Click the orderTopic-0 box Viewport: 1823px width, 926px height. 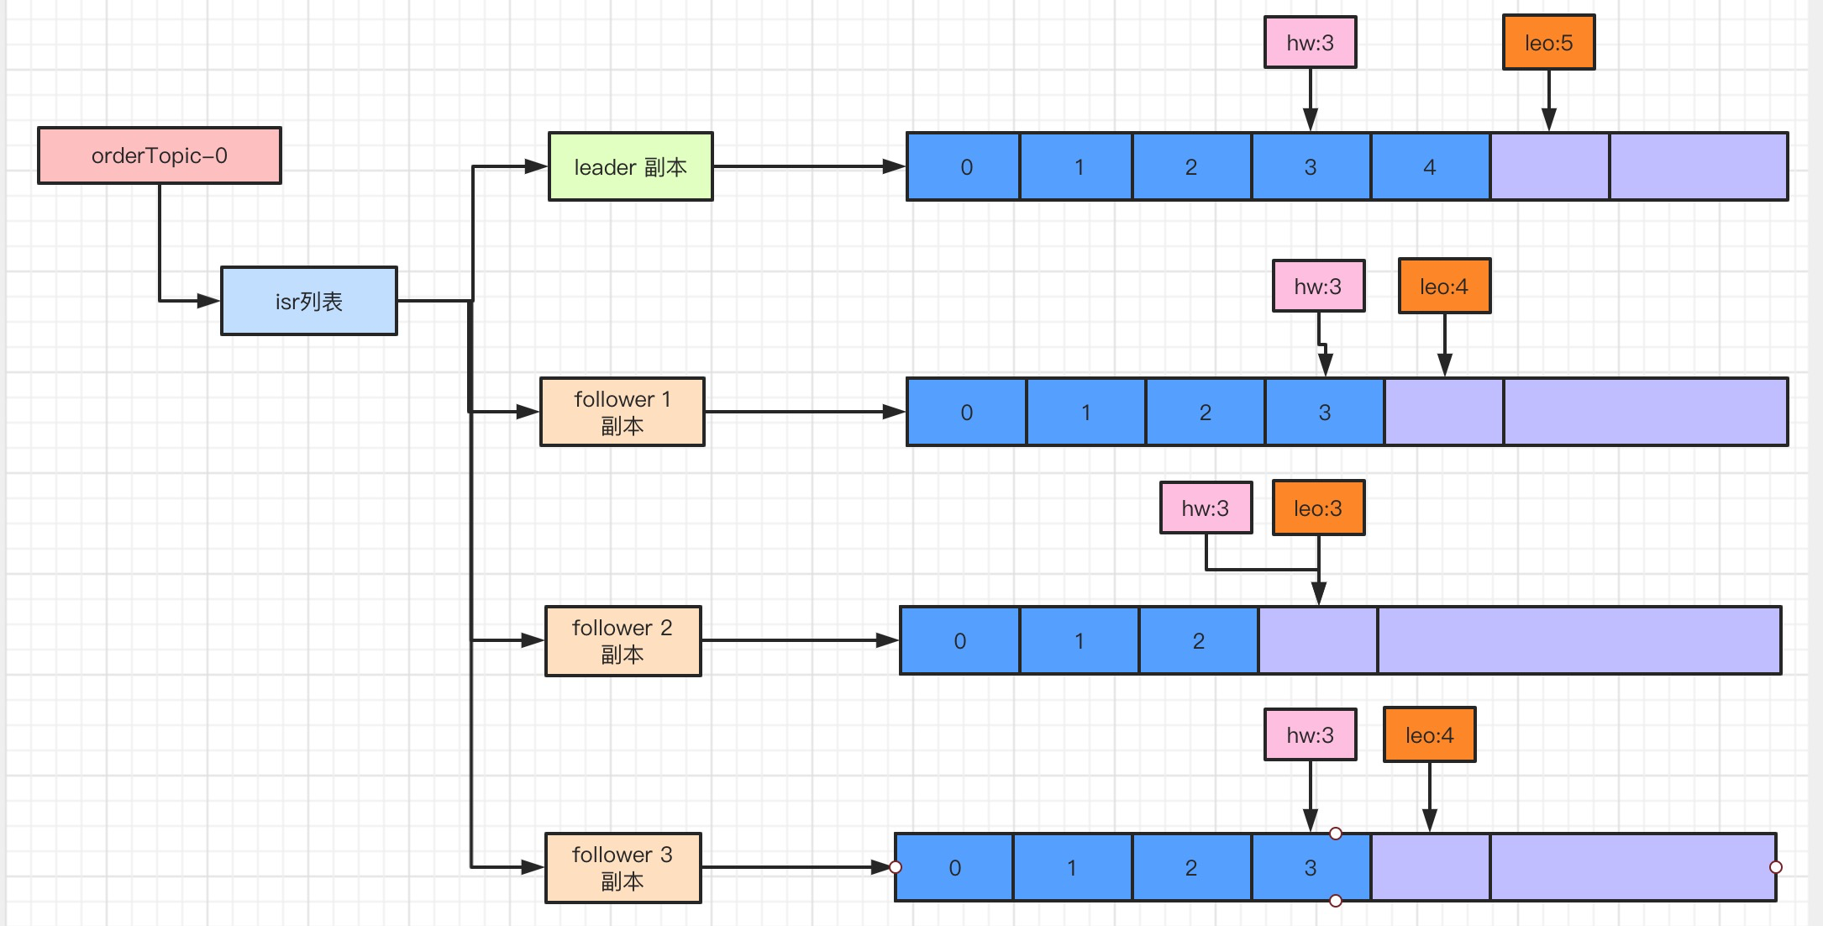[x=160, y=155]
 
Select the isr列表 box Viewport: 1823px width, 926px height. [x=309, y=301]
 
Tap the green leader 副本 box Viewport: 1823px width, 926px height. [x=630, y=166]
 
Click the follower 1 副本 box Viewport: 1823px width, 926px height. [x=622, y=412]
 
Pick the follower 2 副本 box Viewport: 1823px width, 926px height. [x=623, y=640]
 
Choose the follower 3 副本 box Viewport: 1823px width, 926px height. [x=623, y=868]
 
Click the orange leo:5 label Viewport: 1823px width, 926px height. [x=1548, y=43]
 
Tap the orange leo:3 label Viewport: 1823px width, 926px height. [x=1318, y=508]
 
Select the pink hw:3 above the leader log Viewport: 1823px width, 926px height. [x=1310, y=43]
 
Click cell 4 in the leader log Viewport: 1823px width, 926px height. [x=1430, y=166]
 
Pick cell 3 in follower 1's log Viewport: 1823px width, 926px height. [x=1325, y=412]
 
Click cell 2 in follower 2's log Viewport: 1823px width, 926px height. [x=1199, y=640]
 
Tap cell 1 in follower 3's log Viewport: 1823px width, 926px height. [x=1072, y=868]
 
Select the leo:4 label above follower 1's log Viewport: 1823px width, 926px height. [x=1444, y=287]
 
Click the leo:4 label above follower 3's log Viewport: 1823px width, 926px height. [x=1429, y=735]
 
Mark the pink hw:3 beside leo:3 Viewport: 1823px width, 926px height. [x=1206, y=508]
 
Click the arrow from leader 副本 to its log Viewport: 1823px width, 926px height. [x=806, y=166]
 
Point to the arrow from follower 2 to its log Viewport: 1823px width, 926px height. [x=798, y=640]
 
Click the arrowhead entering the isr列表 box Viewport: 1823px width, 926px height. [x=208, y=301]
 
